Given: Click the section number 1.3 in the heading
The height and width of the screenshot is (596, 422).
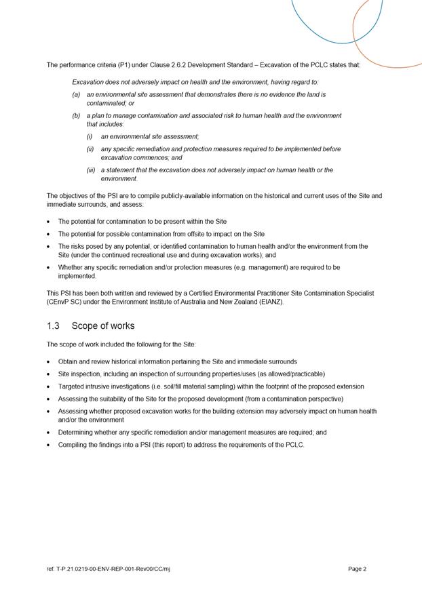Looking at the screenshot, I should [54, 325].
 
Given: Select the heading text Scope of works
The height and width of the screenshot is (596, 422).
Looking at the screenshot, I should [102, 325].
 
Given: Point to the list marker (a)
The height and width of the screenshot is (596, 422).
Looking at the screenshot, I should [77, 95].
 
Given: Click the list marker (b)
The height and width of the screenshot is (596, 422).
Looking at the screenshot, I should [77, 116].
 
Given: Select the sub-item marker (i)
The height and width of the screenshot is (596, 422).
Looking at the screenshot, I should [89, 137].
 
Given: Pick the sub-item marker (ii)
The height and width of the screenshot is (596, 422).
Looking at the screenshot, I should [90, 149].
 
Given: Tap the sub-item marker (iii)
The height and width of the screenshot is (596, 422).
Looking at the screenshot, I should [90, 170].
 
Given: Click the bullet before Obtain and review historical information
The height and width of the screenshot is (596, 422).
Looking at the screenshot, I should [48, 362].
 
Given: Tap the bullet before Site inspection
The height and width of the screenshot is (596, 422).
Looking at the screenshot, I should [48, 374].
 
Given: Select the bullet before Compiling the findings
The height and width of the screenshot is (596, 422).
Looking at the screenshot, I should [48, 445].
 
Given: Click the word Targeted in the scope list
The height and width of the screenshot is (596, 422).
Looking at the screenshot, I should [73, 386].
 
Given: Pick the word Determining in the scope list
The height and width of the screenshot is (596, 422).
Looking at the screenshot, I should [77, 433].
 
